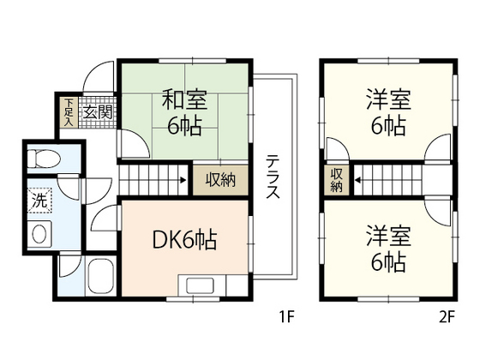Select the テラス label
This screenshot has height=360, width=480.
point(272,177)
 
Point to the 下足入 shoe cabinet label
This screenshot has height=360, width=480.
point(69,112)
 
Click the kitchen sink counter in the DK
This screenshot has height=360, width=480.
point(202,286)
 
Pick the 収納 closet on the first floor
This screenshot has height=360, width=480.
point(219,180)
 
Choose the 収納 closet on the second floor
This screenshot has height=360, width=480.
point(336,179)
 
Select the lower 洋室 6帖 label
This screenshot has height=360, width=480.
point(388,247)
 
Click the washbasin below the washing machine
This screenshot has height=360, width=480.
point(39,234)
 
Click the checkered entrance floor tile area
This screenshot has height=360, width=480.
point(96,112)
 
